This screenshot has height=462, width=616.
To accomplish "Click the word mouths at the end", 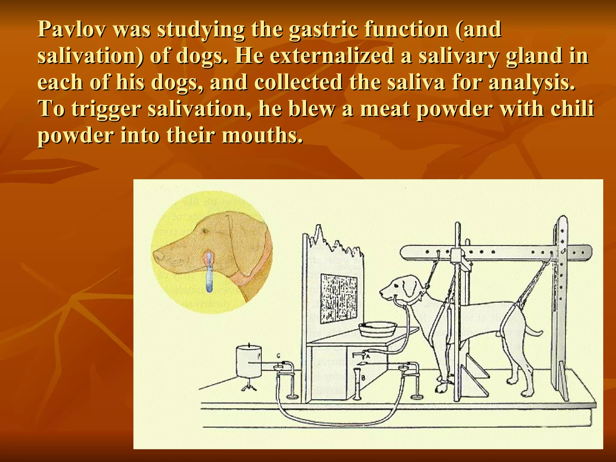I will click(262, 135).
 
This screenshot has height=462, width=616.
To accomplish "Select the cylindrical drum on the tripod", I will click(249, 361).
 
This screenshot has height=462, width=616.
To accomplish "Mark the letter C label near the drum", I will click(278, 356).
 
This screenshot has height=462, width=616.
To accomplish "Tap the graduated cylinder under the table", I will click(357, 383).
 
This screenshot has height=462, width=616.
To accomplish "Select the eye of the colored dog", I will click(205, 230).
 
